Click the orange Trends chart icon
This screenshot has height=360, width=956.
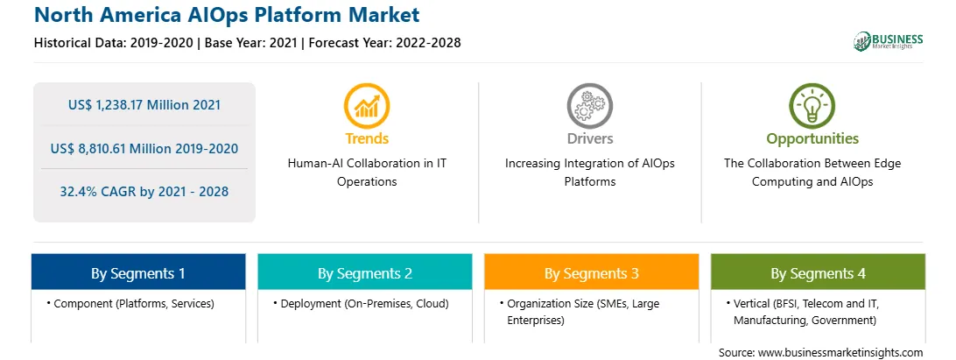pos(367,106)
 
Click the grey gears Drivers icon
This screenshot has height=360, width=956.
pos(589,106)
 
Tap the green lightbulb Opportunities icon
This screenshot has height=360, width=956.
pos(812,106)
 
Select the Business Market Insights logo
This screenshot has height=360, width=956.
pos(889,41)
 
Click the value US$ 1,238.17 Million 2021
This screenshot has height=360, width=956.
pos(144,105)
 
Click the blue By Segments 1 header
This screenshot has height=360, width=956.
pos(138,272)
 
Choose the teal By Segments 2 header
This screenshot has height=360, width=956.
pos(364,272)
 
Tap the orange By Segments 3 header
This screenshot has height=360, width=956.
pos(592,272)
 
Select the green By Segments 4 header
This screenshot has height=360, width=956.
pos(819,272)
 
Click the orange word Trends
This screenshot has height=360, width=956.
pos(367,138)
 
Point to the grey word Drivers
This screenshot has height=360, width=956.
pos(590,138)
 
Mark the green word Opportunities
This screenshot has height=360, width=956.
pos(812,138)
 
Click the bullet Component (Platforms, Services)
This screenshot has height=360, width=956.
pos(130,304)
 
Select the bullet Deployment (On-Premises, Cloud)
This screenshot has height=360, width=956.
pos(361,304)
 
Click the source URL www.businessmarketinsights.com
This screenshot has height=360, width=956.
pos(840,353)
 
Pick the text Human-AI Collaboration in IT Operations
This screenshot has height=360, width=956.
pos(367,173)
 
